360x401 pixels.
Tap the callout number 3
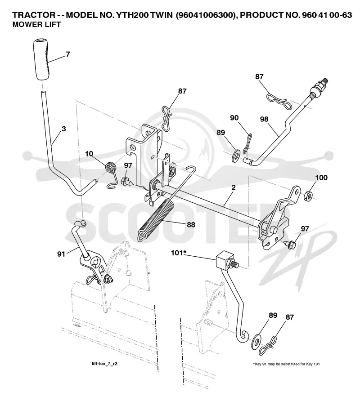64,129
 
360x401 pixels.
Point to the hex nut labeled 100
308,196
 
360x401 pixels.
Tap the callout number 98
264,119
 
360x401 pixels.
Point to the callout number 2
233,187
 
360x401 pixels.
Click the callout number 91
61,254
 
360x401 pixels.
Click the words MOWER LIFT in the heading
36,24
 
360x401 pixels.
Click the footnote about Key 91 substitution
286,364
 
